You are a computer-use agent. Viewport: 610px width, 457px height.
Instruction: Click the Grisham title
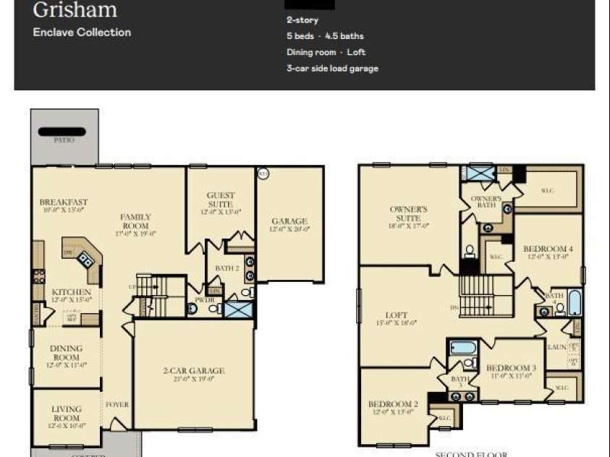click(x=75, y=10)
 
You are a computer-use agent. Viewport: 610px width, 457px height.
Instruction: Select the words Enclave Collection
click(x=82, y=32)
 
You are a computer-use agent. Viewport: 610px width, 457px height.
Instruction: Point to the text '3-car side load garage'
click(x=332, y=69)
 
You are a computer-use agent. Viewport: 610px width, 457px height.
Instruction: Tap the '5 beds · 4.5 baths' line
click(x=325, y=36)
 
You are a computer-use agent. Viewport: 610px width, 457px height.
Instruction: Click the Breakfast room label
click(x=64, y=202)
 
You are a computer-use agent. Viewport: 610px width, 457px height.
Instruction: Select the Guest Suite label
click(x=220, y=200)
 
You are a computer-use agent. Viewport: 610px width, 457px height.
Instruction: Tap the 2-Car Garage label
click(x=193, y=371)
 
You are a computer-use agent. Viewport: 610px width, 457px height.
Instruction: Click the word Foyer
click(x=117, y=404)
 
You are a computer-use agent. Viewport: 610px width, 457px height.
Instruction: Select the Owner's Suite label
click(x=409, y=213)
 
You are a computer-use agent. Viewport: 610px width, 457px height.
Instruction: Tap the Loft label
click(x=397, y=315)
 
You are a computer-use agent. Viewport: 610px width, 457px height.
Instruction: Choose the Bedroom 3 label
click(x=511, y=367)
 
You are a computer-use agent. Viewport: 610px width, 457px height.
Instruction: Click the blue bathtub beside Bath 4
click(x=575, y=303)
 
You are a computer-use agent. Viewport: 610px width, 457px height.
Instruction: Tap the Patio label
click(x=64, y=140)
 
